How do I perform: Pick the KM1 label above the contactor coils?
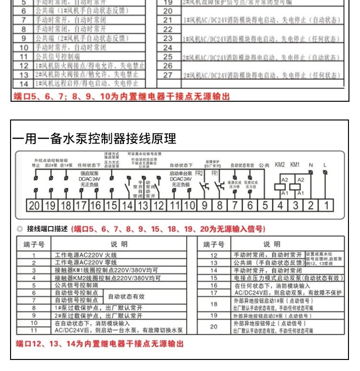(x=295, y=165)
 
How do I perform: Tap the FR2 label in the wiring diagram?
(x=199, y=173)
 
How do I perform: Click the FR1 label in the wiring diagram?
(x=214, y=173)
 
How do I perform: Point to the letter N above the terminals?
(x=311, y=165)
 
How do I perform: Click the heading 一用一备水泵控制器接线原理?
(x=95, y=139)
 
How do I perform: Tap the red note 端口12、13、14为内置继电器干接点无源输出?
(x=99, y=344)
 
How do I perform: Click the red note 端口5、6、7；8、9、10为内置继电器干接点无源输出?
(x=120, y=96)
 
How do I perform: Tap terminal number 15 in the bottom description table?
(x=214, y=277)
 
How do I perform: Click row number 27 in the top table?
(x=168, y=75)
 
